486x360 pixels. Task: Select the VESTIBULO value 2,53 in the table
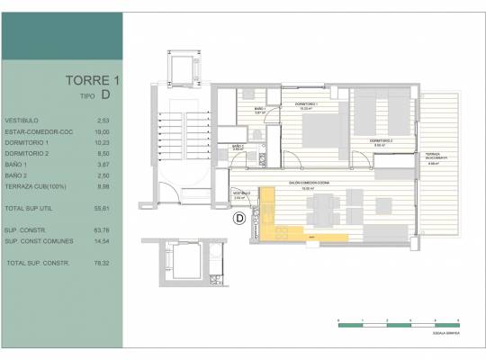point(103,119)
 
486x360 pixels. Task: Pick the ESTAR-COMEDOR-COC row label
point(32,130)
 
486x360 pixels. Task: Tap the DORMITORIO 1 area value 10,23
point(102,142)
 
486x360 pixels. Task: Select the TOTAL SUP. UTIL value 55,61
point(102,209)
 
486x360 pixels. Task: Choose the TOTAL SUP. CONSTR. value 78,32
point(102,262)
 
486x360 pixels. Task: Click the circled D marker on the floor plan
point(240,218)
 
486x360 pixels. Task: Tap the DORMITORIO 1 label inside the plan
point(307,104)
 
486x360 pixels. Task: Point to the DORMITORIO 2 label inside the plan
point(382,141)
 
